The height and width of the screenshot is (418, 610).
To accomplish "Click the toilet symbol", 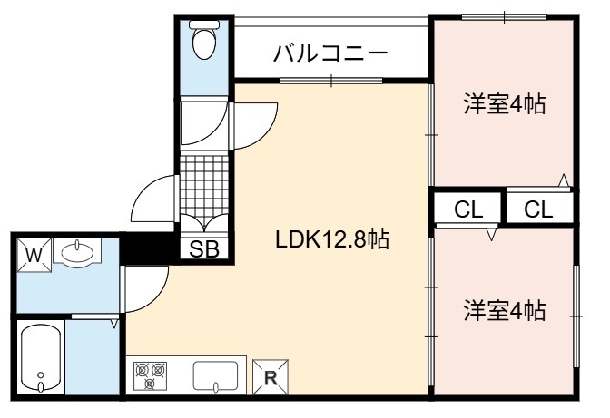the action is click(x=204, y=40).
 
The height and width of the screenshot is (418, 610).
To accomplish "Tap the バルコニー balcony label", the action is click(x=330, y=53).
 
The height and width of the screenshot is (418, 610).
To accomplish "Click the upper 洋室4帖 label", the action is click(x=505, y=103).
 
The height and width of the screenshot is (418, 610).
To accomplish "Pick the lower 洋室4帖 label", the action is click(x=504, y=310).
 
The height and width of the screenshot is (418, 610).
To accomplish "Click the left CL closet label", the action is click(x=468, y=209).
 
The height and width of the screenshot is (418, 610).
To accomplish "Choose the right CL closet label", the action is click(x=538, y=209).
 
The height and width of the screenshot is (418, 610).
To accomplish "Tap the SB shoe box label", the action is click(x=204, y=249).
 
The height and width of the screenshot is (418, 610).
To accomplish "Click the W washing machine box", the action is click(x=34, y=255).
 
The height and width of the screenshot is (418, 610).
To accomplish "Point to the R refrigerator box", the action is click(x=271, y=377).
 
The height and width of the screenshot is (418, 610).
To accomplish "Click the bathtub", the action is click(x=41, y=358).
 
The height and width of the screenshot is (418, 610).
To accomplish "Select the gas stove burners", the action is click(x=150, y=375).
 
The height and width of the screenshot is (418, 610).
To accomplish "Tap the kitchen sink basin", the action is click(x=215, y=375).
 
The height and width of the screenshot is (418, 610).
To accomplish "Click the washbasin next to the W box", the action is click(x=77, y=252).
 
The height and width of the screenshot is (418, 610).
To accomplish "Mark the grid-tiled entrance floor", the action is click(x=204, y=185).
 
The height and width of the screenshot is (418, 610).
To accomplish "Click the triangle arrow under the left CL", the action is click(x=492, y=235).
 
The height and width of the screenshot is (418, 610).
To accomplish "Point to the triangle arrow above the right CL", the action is click(x=564, y=180).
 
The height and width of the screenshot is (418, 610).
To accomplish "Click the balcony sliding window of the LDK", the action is click(x=331, y=81).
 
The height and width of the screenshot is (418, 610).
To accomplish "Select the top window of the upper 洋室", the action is click(x=504, y=17).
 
